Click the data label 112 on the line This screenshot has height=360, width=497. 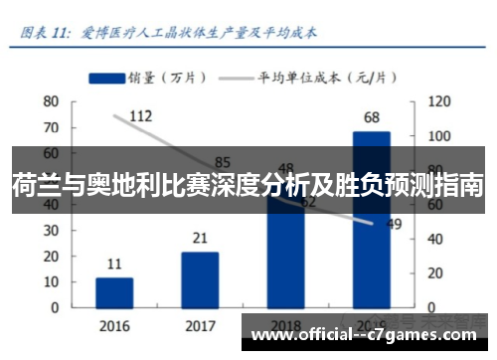[x=140, y=116]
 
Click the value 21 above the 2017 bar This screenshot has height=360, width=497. [x=200, y=238]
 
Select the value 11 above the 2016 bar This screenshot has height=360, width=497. [x=114, y=264]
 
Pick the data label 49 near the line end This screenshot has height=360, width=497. [x=394, y=224]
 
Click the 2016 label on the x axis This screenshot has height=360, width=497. [x=114, y=325]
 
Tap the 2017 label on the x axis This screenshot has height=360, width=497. [x=200, y=325]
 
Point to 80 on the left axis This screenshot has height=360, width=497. [x=51, y=101]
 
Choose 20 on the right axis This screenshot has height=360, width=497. [x=434, y=272]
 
